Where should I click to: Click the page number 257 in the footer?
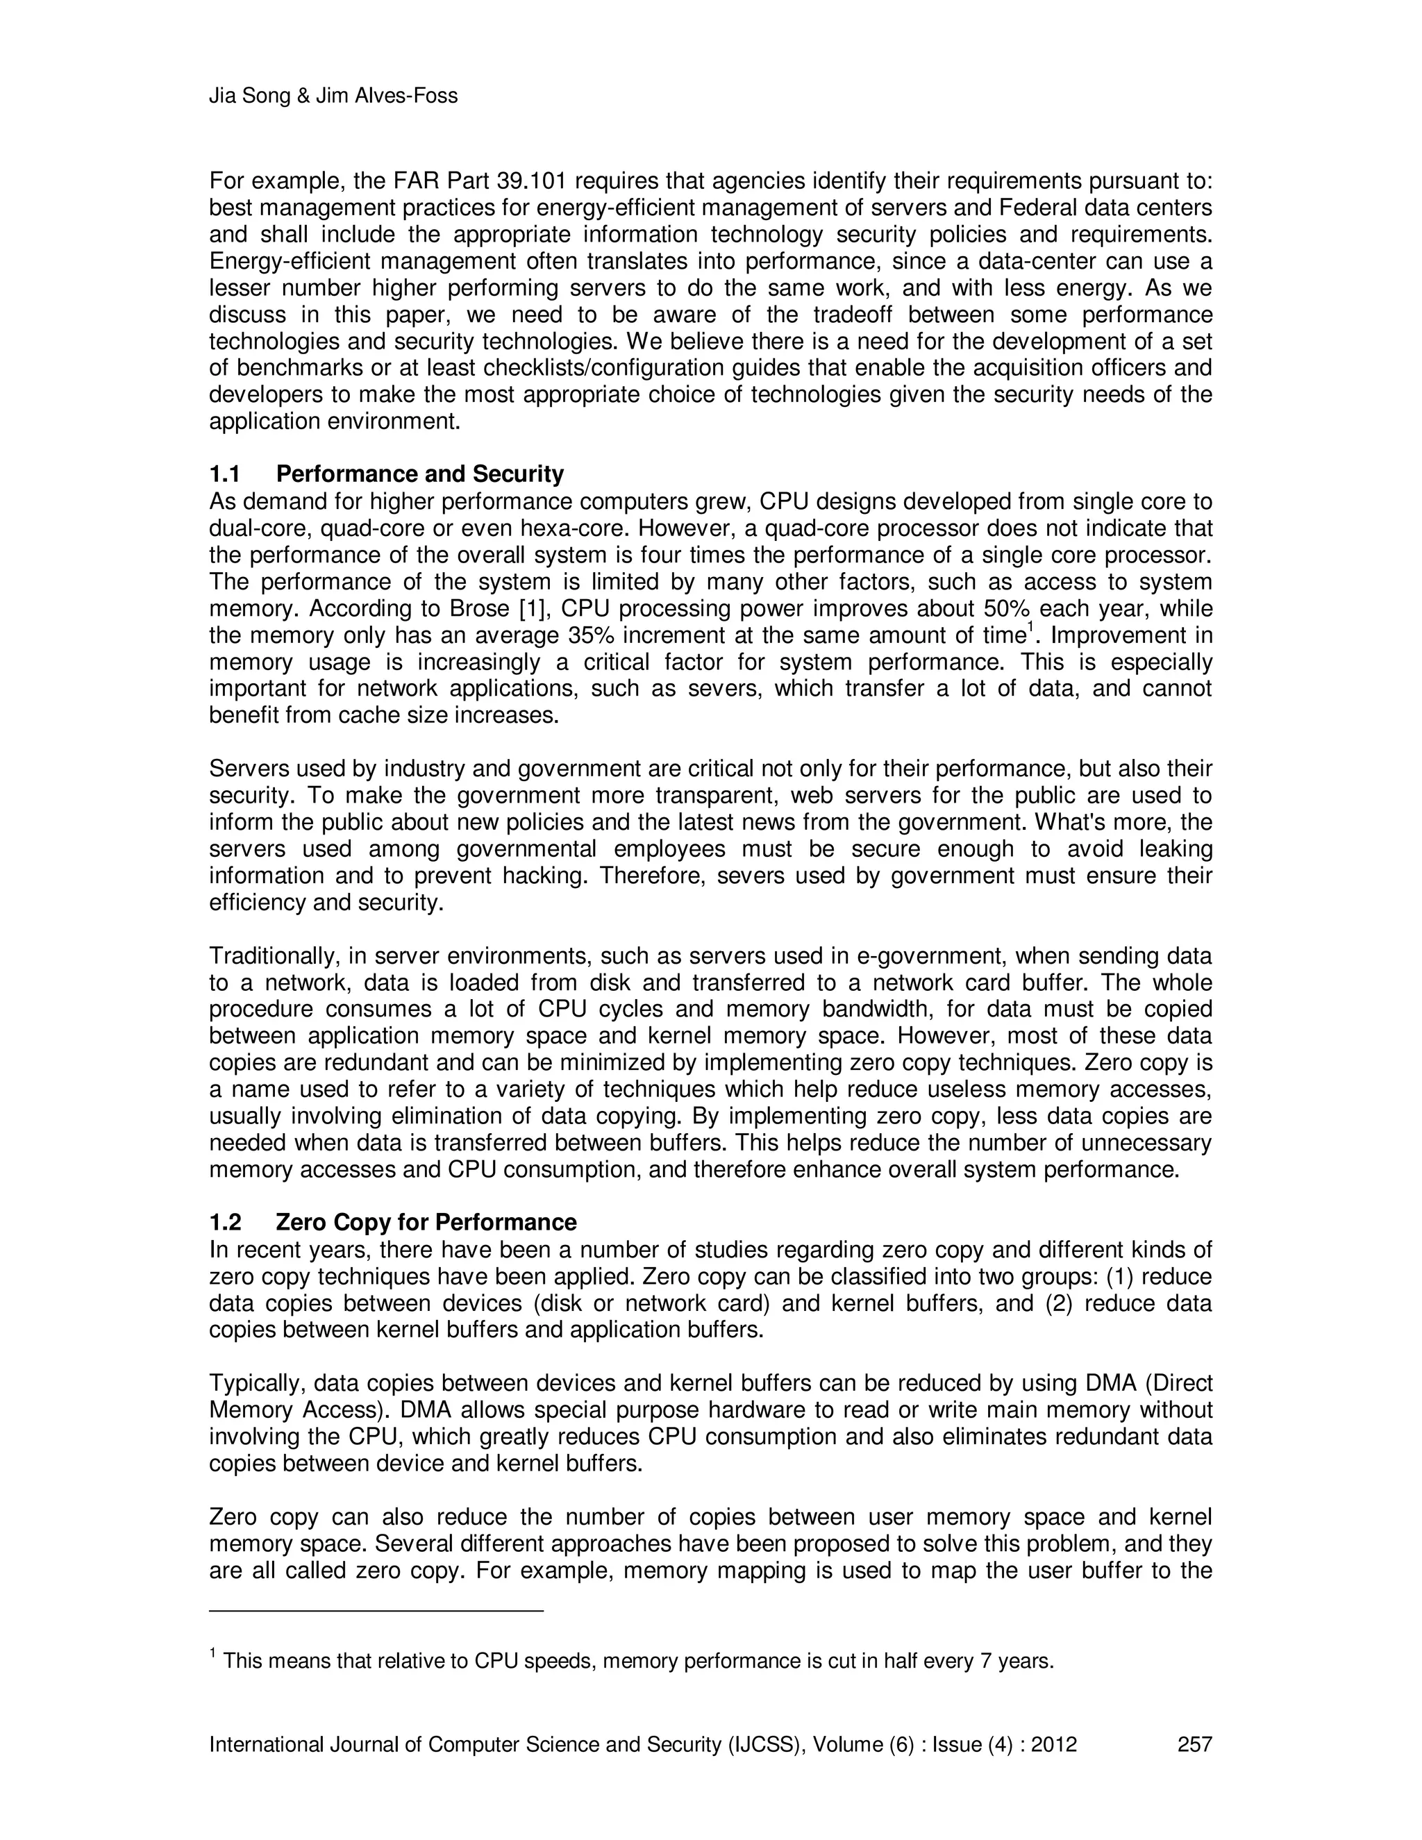pyautogui.click(x=1194, y=1744)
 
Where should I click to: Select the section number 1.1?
pyautogui.click(x=225, y=474)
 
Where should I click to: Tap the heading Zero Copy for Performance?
pyautogui.click(x=426, y=1223)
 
